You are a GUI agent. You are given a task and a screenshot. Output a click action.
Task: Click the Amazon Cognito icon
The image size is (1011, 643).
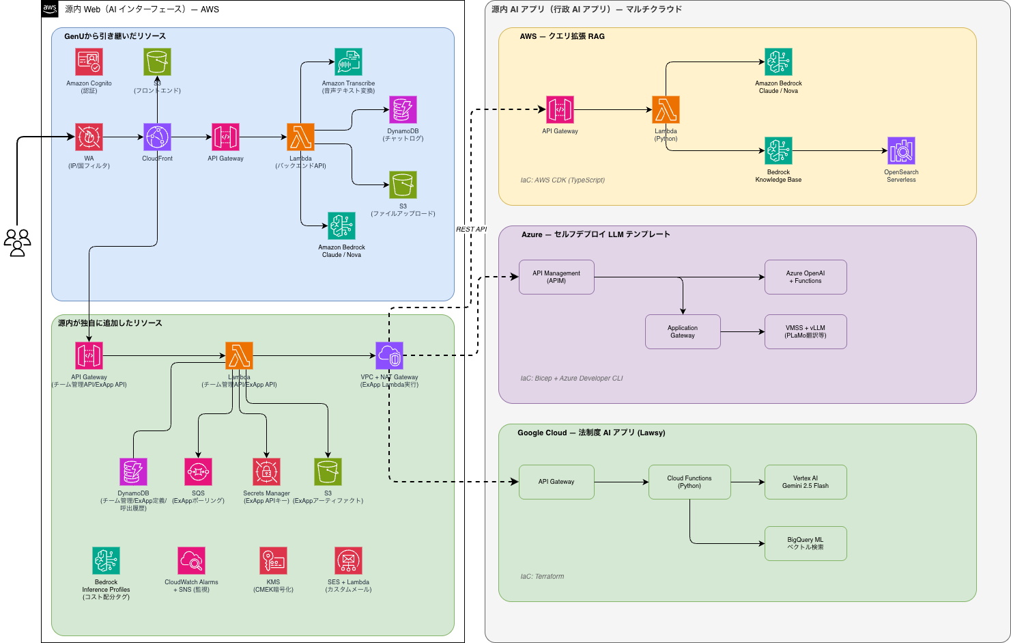click(89, 62)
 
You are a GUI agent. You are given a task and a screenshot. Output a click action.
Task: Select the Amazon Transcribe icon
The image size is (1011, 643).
click(348, 62)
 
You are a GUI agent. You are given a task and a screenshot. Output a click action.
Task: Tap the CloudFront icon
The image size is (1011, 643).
click(157, 137)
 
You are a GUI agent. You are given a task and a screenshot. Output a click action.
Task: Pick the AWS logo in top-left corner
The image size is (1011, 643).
click(50, 9)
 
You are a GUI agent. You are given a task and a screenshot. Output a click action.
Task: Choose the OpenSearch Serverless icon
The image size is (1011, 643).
click(901, 151)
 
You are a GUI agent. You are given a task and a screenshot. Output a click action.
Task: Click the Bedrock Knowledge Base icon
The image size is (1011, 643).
click(778, 151)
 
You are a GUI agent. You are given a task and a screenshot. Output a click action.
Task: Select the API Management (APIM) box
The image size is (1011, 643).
click(556, 277)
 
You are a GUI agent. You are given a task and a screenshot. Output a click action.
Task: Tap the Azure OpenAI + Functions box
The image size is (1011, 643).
click(806, 277)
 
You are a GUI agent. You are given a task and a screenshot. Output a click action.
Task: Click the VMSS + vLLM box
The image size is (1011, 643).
click(806, 331)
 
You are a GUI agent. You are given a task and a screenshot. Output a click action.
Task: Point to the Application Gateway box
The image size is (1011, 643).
click(683, 331)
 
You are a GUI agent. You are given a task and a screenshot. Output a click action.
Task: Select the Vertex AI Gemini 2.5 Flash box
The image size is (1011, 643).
click(806, 482)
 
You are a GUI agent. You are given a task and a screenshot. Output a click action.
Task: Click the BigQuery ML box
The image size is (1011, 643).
click(806, 543)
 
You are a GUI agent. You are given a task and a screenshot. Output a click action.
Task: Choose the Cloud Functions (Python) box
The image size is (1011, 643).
click(689, 482)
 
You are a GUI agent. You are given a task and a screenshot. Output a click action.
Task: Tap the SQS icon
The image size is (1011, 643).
click(198, 471)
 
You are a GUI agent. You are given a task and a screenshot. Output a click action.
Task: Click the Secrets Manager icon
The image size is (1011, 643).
click(266, 471)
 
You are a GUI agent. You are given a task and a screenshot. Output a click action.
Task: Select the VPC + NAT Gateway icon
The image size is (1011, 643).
click(389, 356)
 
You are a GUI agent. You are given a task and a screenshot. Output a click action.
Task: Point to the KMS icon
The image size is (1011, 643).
click(273, 561)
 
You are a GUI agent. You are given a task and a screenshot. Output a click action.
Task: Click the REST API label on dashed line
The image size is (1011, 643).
click(471, 229)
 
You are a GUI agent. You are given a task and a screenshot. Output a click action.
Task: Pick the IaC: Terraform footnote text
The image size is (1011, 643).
click(542, 576)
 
